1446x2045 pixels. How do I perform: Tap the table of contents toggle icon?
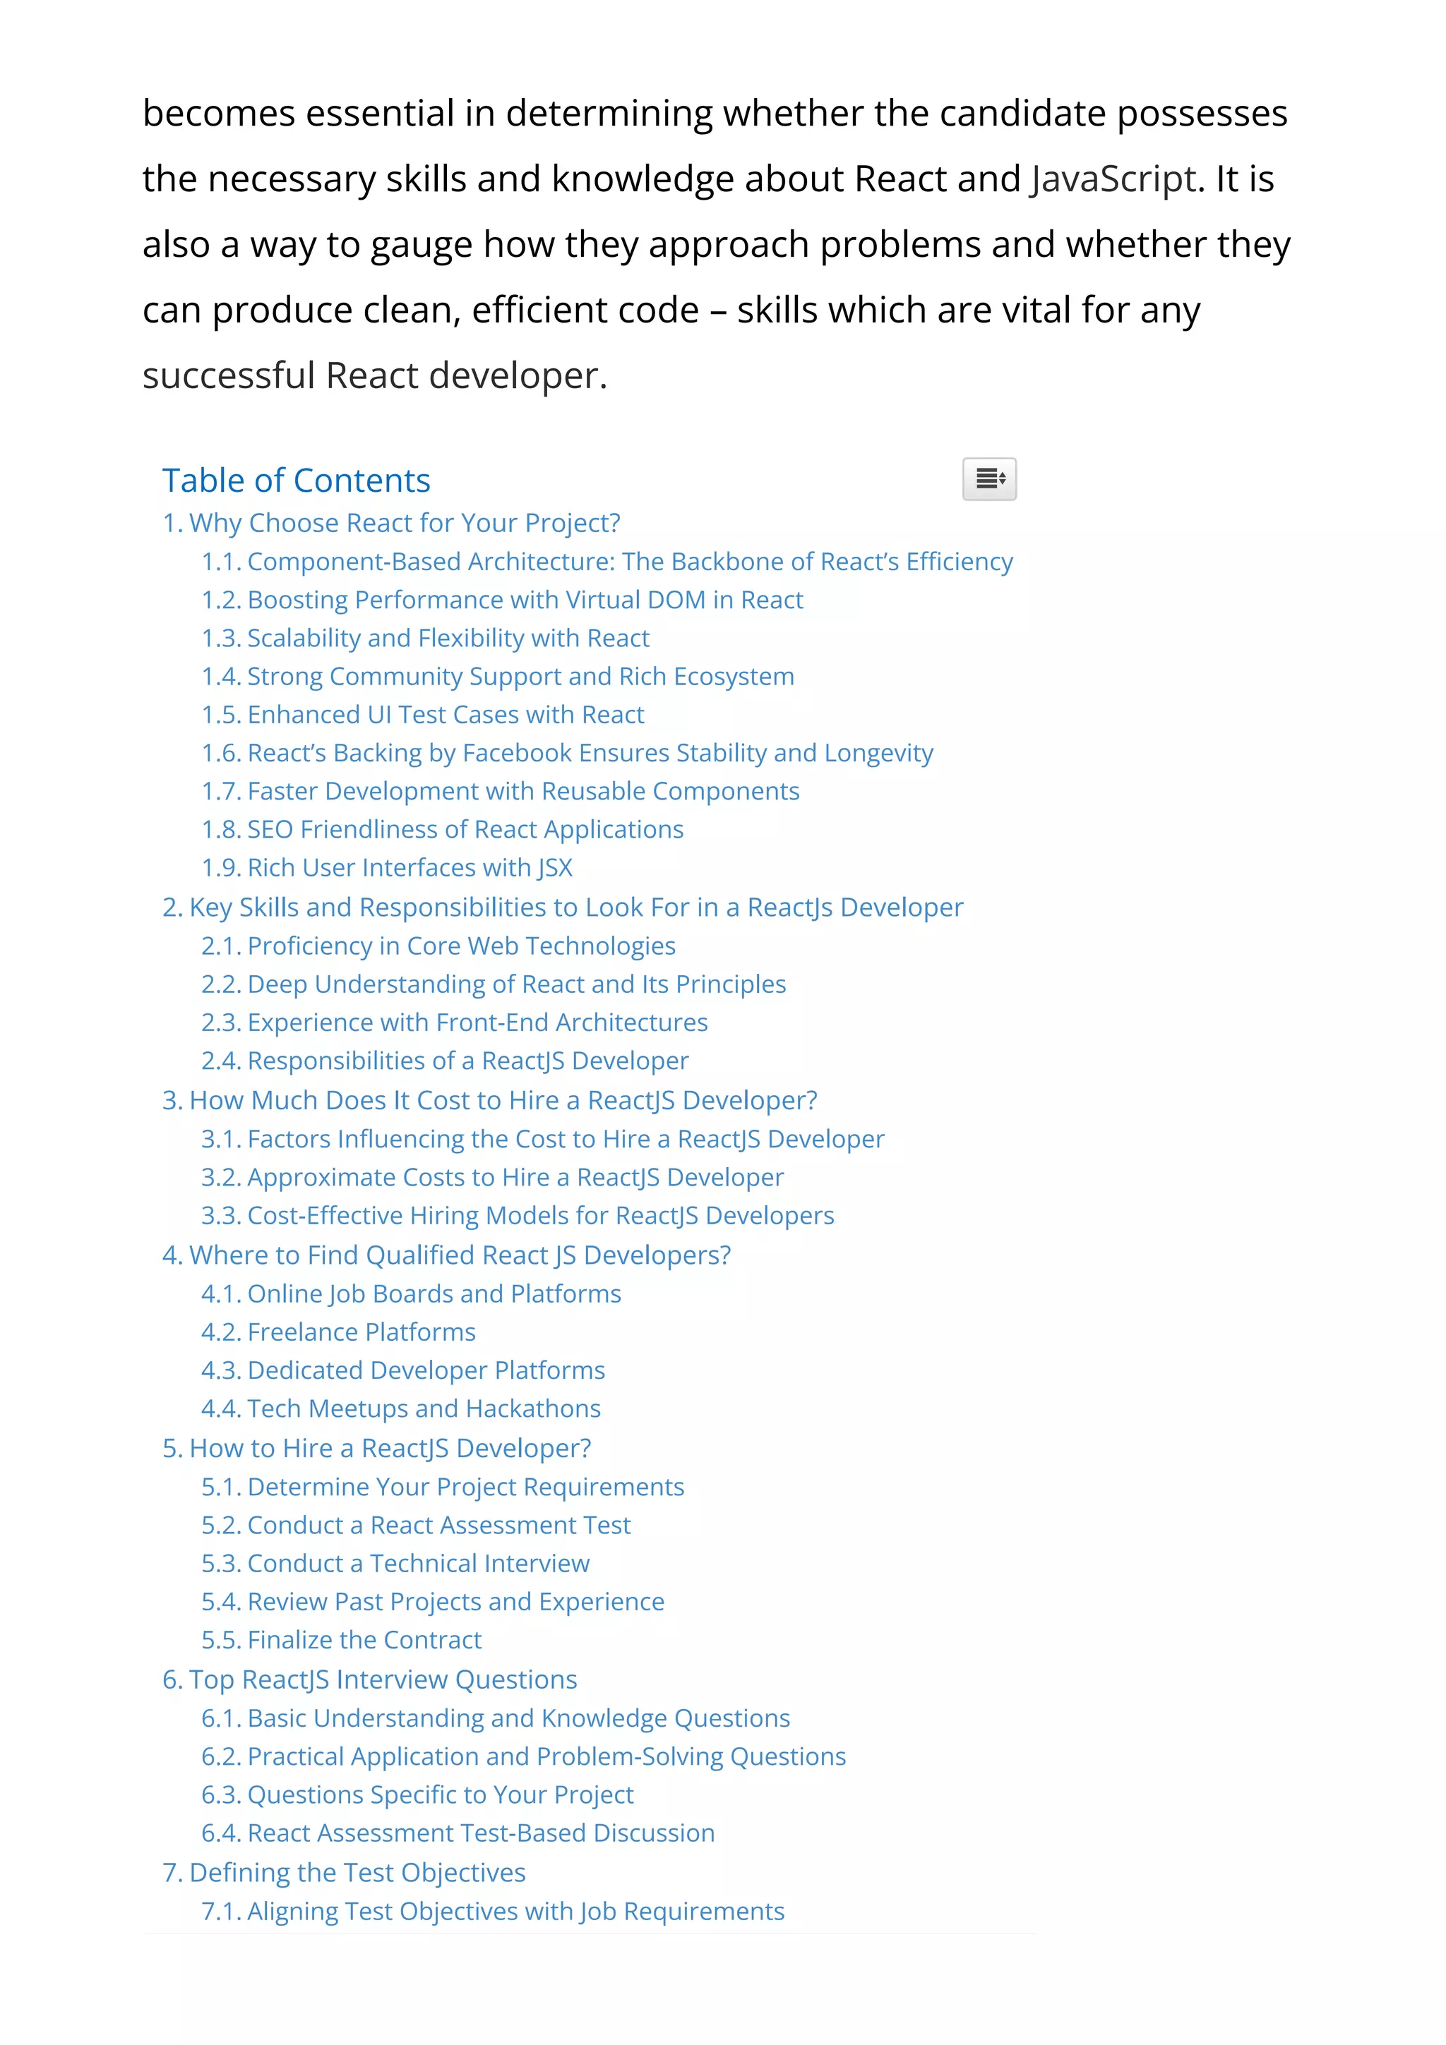(989, 479)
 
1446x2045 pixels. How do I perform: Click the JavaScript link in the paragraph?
(1113, 179)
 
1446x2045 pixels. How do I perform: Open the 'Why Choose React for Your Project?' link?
(391, 523)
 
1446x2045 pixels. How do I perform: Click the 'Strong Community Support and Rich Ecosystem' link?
(497, 677)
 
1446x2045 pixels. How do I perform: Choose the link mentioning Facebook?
(567, 754)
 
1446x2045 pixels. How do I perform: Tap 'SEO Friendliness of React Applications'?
(442, 830)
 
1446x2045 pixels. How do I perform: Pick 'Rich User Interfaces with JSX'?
(387, 869)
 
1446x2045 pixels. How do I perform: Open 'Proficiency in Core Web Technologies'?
(438, 946)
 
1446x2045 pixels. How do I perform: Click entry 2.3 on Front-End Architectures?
(455, 1022)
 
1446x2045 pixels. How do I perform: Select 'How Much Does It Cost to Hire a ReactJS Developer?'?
(489, 1101)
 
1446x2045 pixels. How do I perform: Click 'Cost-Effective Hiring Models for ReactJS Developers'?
(518, 1216)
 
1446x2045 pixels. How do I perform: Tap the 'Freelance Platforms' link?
(339, 1332)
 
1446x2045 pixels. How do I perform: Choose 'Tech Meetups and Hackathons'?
(401, 1409)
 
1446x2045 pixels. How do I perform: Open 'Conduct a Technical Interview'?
(395, 1564)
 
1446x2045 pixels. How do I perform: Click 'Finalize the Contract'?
(341, 1641)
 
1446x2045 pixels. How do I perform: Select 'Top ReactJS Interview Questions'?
(370, 1679)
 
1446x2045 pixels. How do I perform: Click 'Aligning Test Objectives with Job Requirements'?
(493, 1912)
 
